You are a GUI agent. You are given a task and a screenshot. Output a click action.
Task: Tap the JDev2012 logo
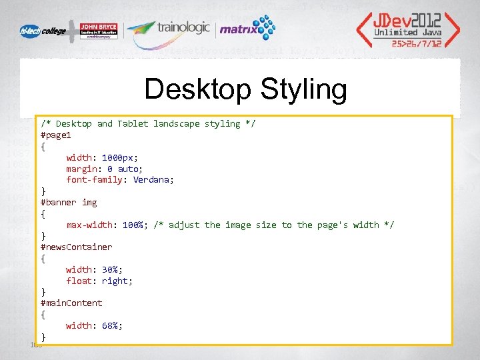[406, 29]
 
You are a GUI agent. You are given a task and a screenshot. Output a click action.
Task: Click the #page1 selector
[56, 135]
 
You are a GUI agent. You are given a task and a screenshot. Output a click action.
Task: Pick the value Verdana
[153, 179]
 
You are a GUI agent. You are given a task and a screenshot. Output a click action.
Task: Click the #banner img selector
[69, 202]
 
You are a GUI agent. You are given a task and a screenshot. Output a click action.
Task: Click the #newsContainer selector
[76, 247]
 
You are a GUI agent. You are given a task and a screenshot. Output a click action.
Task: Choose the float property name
[79, 281]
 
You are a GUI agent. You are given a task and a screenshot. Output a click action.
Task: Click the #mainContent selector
[71, 303]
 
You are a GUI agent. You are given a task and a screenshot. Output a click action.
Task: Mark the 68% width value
[112, 325]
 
